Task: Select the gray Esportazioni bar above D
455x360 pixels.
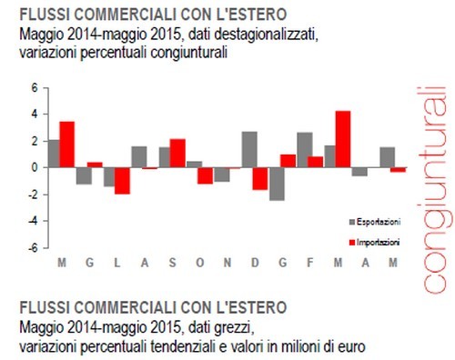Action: (249, 150)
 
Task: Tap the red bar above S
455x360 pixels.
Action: (177, 154)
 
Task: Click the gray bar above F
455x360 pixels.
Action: (304, 150)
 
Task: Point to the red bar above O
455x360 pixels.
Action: (206, 175)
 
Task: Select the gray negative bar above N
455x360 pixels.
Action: (221, 175)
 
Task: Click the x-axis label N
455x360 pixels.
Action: (227, 263)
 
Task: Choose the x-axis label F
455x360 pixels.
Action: (310, 263)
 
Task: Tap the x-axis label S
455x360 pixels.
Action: (171, 263)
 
